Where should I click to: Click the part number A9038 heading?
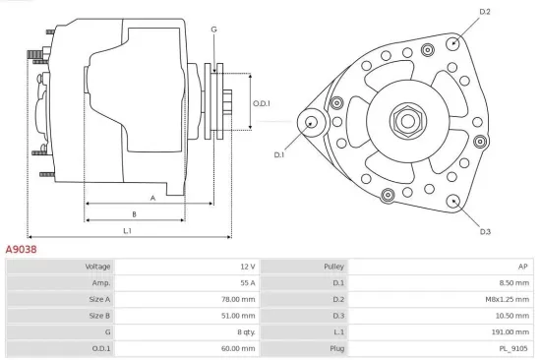click(x=22, y=250)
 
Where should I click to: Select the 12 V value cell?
click(x=246, y=267)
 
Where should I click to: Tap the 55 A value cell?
click(x=246, y=283)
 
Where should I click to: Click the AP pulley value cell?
click(x=522, y=267)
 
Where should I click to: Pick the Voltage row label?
click(x=97, y=267)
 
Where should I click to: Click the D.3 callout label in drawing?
click(x=485, y=232)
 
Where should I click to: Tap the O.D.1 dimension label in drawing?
click(x=261, y=103)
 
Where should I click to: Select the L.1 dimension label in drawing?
click(x=127, y=230)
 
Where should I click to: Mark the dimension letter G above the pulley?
click(x=213, y=30)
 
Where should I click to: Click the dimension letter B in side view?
click(x=134, y=213)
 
